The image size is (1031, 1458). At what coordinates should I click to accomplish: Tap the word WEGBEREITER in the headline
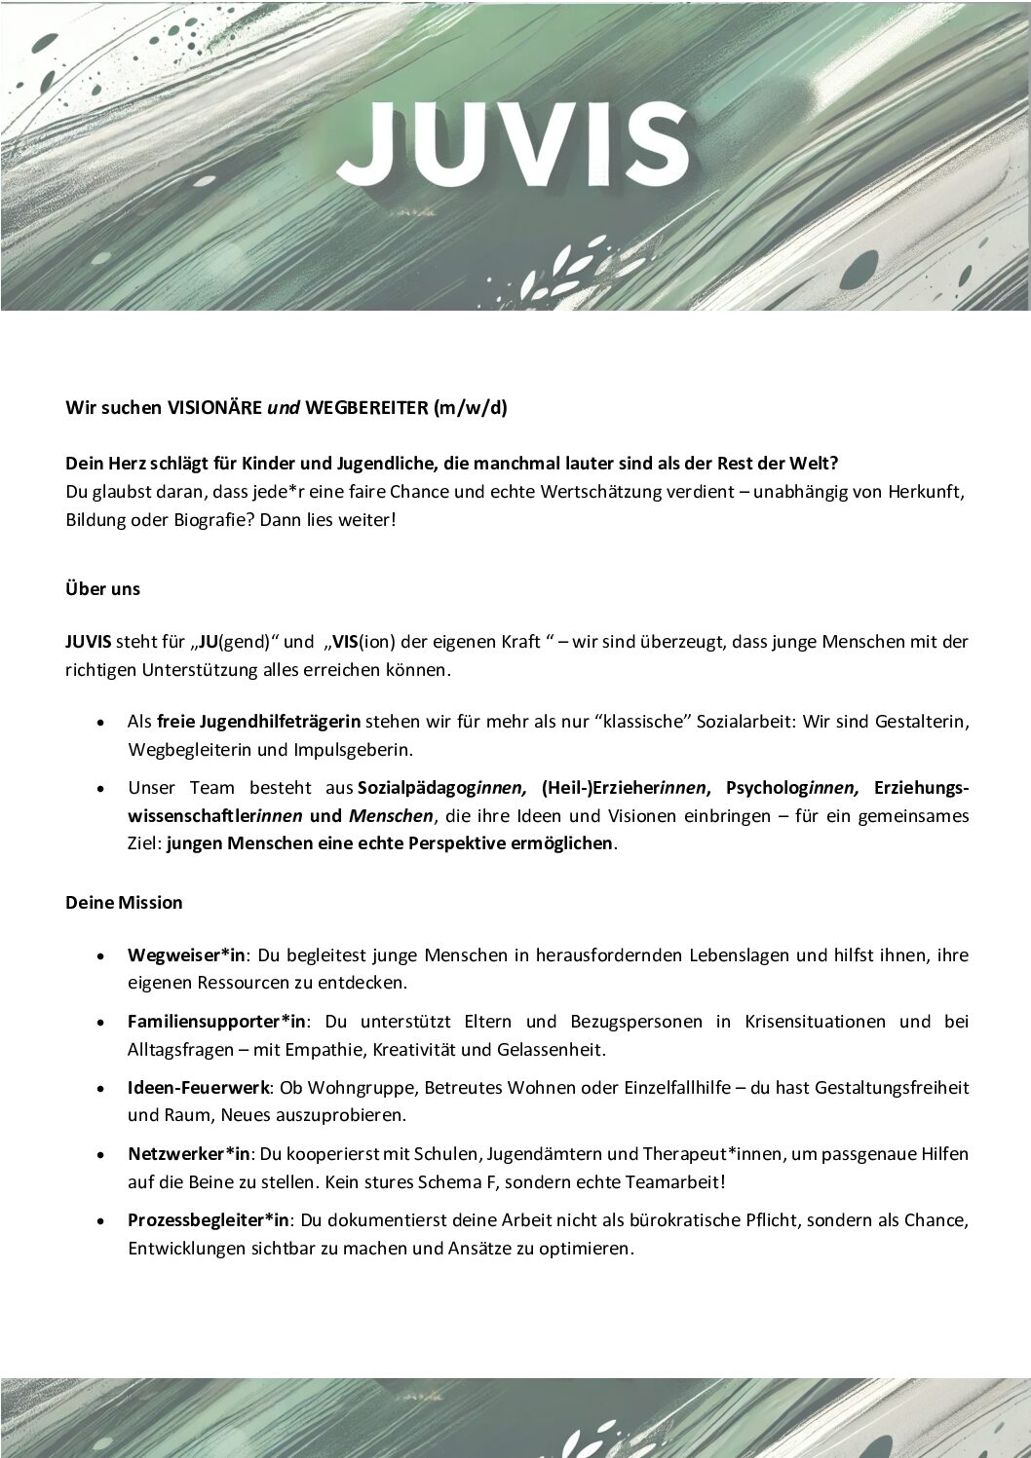pyautogui.click(x=365, y=408)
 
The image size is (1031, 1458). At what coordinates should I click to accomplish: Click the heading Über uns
pyautogui.click(x=102, y=589)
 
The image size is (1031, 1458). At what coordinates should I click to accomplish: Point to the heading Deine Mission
pyautogui.click(x=124, y=903)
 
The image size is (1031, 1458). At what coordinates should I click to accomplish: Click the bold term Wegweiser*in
pyautogui.click(x=187, y=955)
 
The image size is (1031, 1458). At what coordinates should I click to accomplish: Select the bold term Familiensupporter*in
pyautogui.click(x=217, y=1022)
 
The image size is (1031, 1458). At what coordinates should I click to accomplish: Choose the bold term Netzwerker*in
pyautogui.click(x=190, y=1154)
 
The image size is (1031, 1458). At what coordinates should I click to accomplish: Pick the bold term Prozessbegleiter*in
pyautogui.click(x=209, y=1220)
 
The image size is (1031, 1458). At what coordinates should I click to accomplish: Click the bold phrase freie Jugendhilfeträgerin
pyautogui.click(x=258, y=722)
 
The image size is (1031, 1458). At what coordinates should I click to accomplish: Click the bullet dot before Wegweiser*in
pyautogui.click(x=101, y=956)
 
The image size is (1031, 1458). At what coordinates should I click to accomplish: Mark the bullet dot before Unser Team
pyautogui.click(x=101, y=788)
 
